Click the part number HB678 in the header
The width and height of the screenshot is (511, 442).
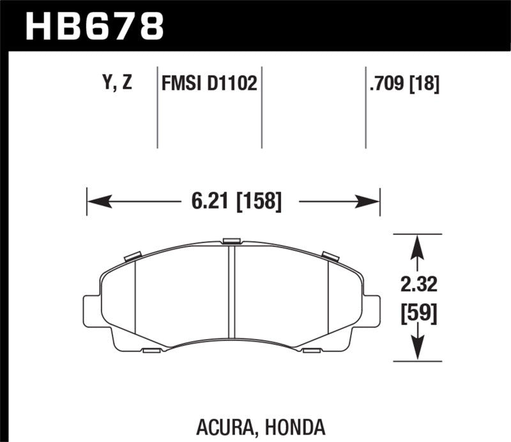coord(94,26)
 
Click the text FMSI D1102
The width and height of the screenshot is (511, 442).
coord(209,84)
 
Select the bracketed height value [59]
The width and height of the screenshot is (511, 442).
coord(418,314)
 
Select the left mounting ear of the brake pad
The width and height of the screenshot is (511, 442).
coord(91,310)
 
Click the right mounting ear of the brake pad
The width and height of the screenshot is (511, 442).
coord(372,310)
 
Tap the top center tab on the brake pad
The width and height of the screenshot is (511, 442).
coord(231,241)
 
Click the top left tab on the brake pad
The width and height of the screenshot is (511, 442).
coord(132,256)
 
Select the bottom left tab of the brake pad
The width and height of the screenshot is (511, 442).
coord(151,351)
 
